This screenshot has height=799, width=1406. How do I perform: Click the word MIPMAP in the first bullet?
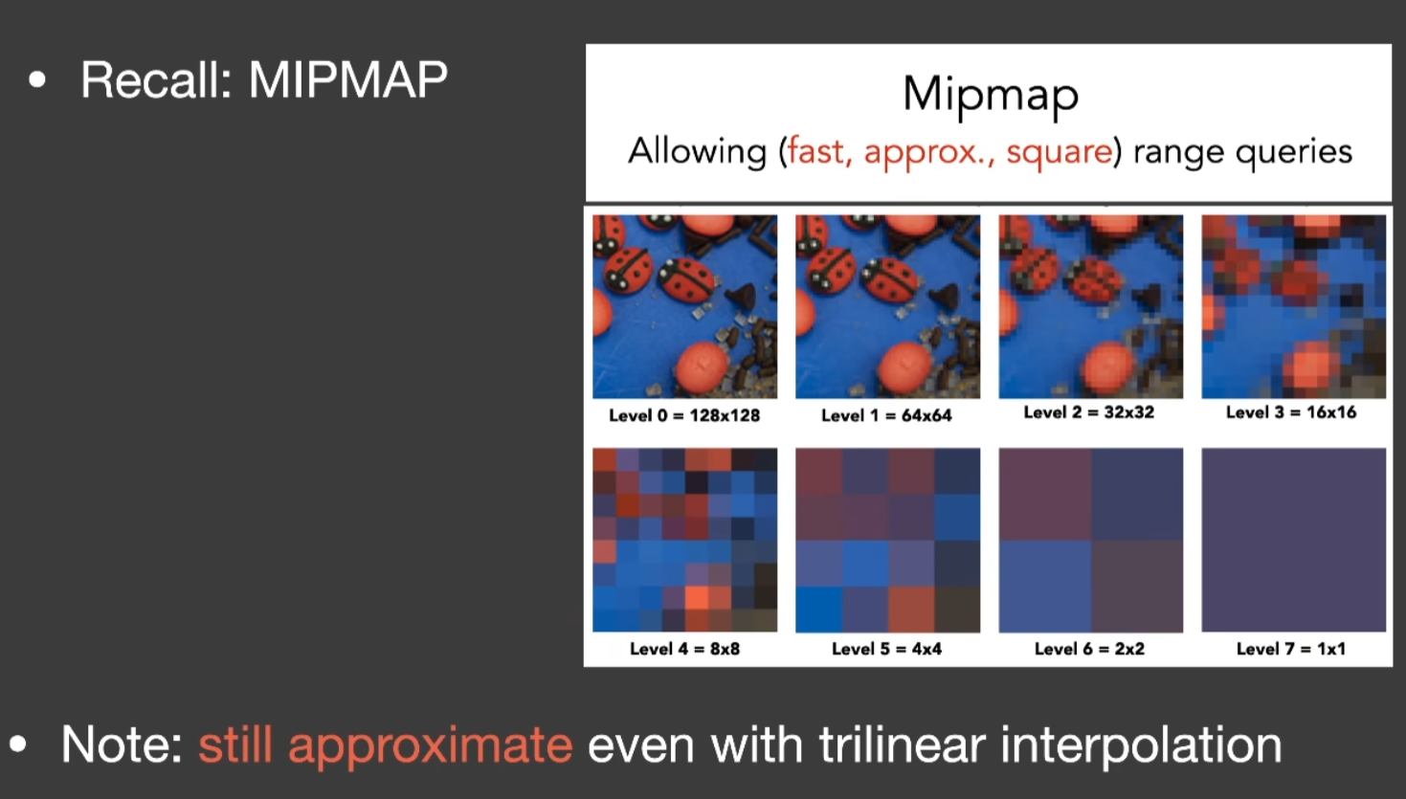pos(347,79)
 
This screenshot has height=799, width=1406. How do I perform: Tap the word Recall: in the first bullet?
pos(156,79)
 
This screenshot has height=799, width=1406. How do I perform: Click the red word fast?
pos(819,151)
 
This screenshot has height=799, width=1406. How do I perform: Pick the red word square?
pos(1059,152)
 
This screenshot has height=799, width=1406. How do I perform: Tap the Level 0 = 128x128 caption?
pos(684,415)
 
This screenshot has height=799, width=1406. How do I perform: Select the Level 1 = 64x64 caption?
pos(886,415)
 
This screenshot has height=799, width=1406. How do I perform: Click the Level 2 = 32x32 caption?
pos(1089,412)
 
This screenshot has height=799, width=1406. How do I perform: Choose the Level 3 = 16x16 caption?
pos(1291,412)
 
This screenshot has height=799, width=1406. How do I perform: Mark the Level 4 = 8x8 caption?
pos(684,649)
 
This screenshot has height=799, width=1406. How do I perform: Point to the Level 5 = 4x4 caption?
pos(887,649)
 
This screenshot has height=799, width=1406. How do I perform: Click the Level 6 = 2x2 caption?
pos(1089,649)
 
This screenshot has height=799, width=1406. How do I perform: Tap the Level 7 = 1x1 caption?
pos(1291,649)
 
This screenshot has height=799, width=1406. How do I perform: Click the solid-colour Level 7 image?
pos(1294,540)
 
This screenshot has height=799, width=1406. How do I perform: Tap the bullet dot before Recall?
pos(37,79)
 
